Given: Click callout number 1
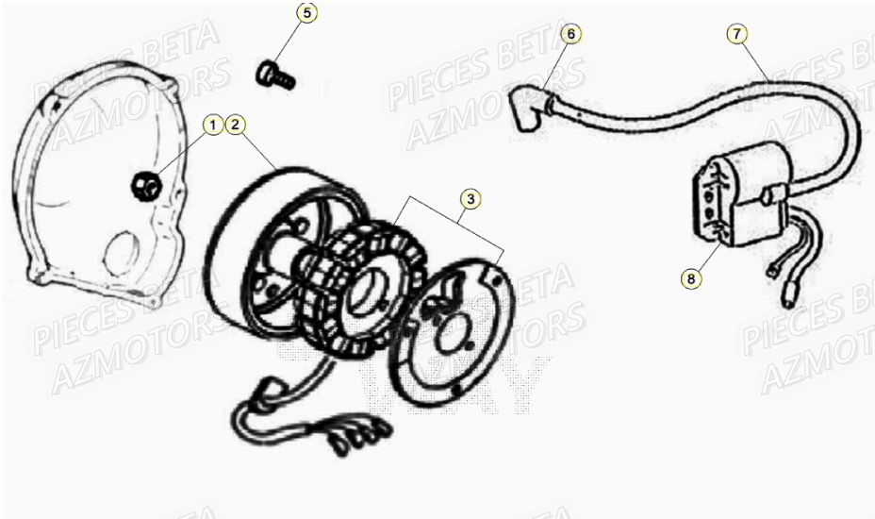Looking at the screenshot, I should [x=213, y=125].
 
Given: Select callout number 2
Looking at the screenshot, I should [x=236, y=125].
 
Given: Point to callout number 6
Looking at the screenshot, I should [x=570, y=33].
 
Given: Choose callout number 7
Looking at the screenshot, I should [x=737, y=33].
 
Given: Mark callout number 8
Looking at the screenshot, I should [x=691, y=278].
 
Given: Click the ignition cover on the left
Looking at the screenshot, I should [x=94, y=189].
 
